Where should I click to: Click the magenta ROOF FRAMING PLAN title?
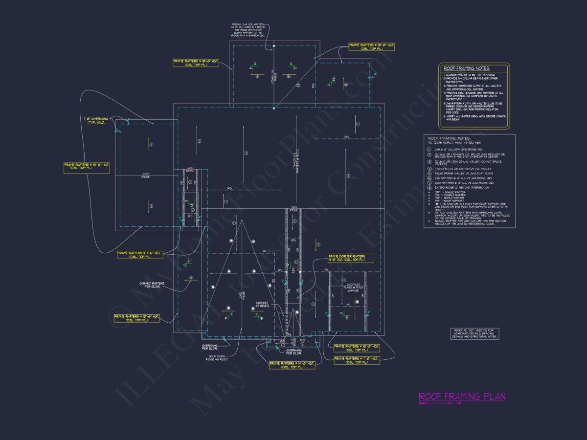[462, 396]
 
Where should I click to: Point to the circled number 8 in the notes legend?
[429, 187]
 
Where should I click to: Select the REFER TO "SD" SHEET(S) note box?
[474, 334]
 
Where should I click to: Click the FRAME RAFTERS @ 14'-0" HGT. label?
[292, 365]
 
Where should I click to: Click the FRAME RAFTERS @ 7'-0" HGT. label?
[357, 360]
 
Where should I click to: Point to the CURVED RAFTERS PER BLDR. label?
[152, 285]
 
